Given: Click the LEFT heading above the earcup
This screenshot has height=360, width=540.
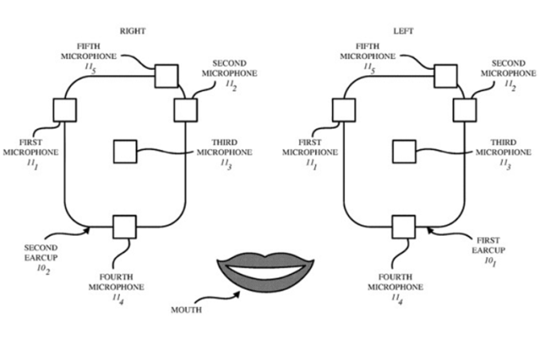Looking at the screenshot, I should tap(403, 32).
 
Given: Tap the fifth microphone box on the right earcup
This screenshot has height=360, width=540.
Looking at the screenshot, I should tap(167, 76).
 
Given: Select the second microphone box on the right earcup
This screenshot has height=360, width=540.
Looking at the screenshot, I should tap(186, 110).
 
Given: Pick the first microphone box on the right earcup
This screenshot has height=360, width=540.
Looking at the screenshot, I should tap(64, 110).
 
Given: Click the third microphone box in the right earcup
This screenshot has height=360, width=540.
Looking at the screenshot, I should tap(125, 152).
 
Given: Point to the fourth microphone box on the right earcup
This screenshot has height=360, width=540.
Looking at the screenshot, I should tap(125, 227).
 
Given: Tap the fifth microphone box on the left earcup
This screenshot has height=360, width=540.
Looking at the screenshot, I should tap(445, 76).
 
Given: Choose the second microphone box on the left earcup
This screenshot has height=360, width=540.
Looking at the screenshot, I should tap(464, 110).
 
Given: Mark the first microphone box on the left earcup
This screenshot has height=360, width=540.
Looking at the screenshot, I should tap(344, 110).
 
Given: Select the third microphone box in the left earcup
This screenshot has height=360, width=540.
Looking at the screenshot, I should tap(404, 152).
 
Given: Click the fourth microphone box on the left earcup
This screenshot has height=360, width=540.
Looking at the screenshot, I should tap(403, 227).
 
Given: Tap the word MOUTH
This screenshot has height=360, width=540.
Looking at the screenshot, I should tap(186, 310).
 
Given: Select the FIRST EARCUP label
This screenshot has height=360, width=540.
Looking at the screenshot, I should tap(488, 250).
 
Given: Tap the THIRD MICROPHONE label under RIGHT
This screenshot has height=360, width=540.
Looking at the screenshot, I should tap(224, 152).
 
